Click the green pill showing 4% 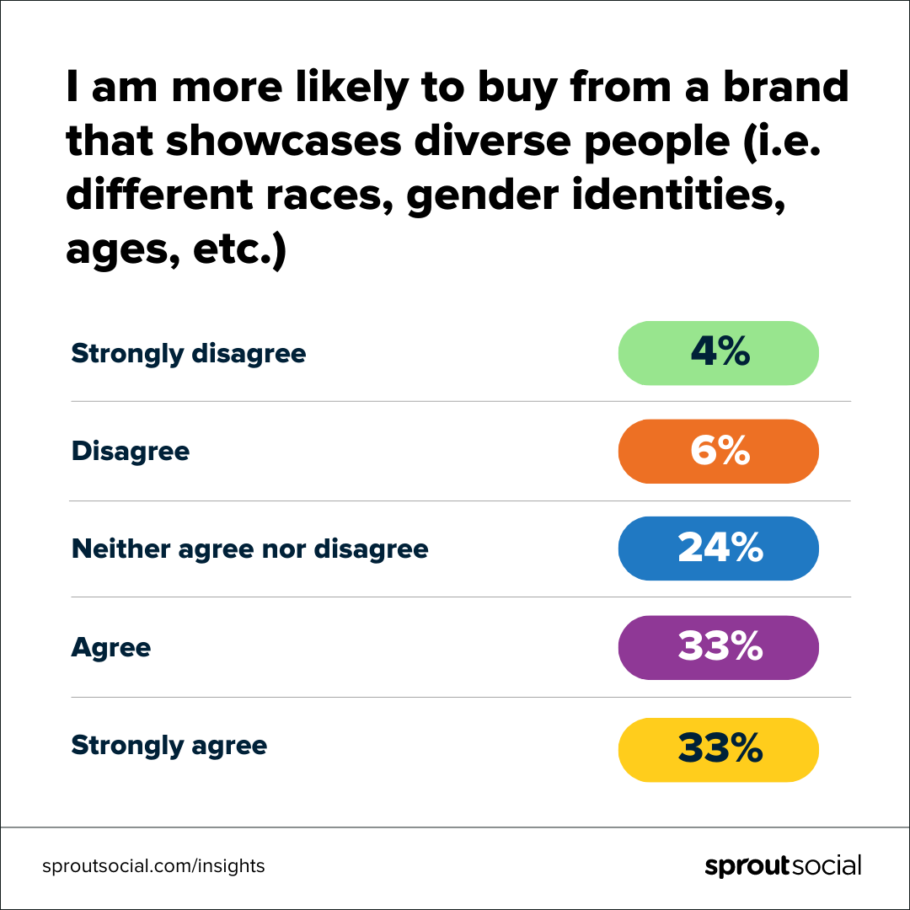point(719,353)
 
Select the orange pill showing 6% point(719,452)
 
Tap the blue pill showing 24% point(719,549)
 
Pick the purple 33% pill point(719,648)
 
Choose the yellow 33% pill point(719,749)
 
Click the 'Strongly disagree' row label point(189,353)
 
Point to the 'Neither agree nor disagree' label point(249,549)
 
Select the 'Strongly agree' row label point(169,746)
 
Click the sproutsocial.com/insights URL point(153,866)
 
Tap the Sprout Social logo point(783,866)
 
